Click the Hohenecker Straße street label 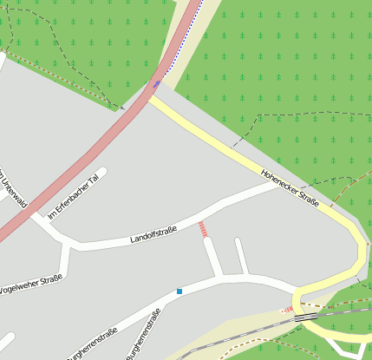(x=290, y=187)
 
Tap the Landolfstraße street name (x=153, y=234)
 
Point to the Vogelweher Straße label (x=31, y=283)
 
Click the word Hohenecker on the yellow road (x=280, y=180)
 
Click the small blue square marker (x=179, y=291)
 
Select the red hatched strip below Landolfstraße (x=203, y=229)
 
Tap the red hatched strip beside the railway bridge (x=287, y=310)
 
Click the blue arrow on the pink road (x=157, y=84)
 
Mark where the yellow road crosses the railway (x=303, y=318)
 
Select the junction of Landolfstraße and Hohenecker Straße (x=276, y=185)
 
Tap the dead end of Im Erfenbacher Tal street (x=102, y=172)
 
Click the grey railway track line (x=243, y=332)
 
